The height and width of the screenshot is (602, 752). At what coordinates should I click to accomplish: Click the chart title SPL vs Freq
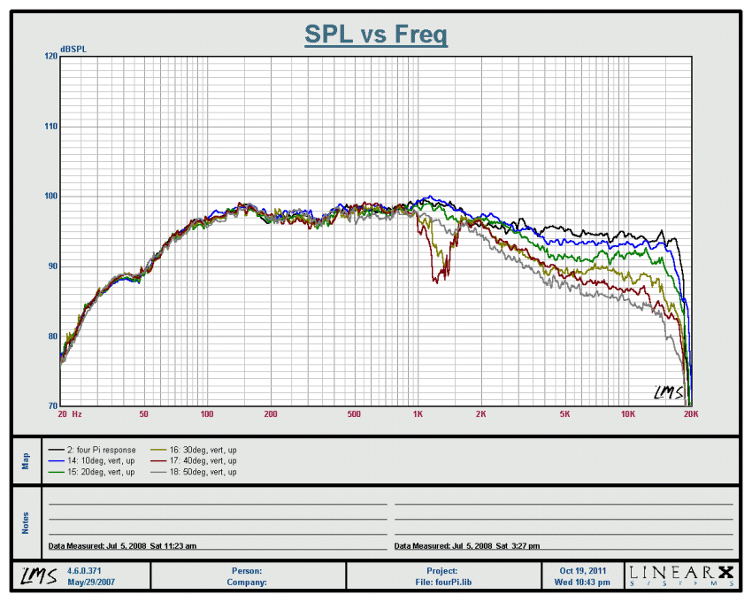(376, 35)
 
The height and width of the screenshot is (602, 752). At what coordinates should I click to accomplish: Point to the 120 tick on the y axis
(50, 56)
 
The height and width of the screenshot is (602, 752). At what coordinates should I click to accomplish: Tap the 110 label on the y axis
(50, 127)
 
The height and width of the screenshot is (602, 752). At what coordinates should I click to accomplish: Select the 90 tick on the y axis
(50, 266)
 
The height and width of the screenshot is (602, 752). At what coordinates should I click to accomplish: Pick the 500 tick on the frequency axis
(355, 414)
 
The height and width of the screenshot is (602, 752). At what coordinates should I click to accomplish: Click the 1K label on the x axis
(418, 414)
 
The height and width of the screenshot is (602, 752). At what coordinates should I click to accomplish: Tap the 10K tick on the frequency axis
(627, 414)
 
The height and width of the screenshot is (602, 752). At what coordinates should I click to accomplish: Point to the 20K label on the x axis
(691, 414)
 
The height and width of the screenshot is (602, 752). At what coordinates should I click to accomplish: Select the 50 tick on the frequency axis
(143, 414)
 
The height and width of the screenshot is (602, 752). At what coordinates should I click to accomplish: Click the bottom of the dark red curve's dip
(436, 280)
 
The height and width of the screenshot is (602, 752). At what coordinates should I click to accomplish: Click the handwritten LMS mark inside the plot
(669, 391)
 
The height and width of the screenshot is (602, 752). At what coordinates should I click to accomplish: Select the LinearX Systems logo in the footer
(681, 575)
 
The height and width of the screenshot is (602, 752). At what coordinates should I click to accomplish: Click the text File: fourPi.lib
(441, 582)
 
